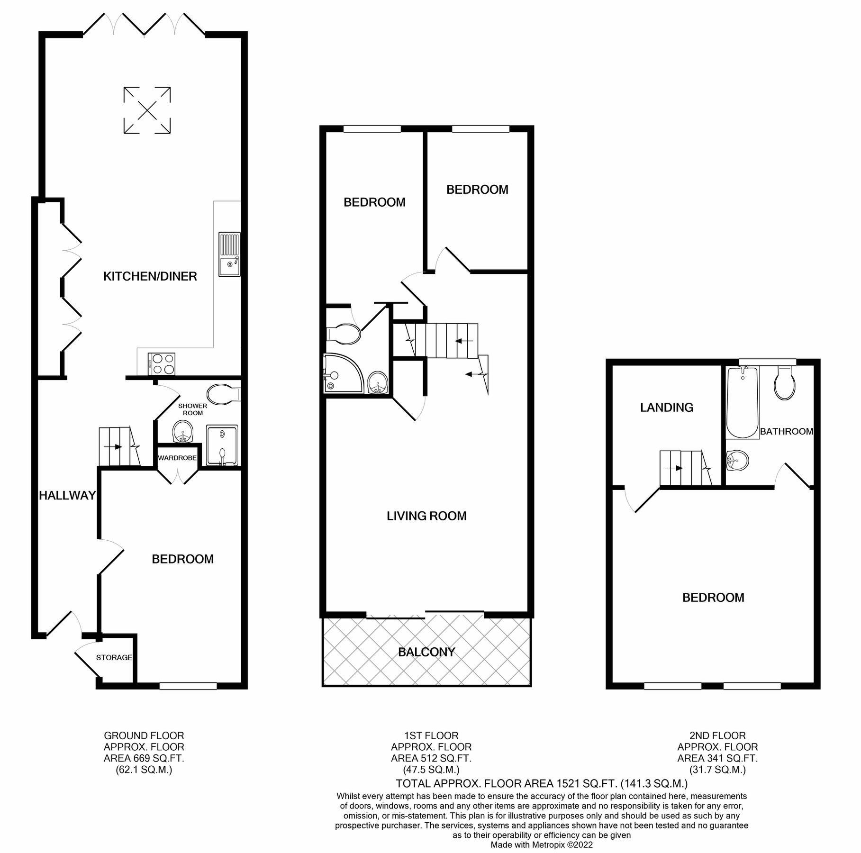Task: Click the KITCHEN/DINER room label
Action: point(150,276)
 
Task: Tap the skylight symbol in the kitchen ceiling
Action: point(147,110)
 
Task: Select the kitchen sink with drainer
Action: point(229,254)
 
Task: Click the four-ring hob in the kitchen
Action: point(162,364)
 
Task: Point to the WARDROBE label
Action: point(177,458)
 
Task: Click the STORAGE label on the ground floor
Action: point(114,658)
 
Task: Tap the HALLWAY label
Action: point(67,496)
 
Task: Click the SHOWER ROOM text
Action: point(192,409)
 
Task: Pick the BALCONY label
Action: point(426,652)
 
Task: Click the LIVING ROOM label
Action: point(426,516)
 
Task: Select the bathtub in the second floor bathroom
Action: point(742,403)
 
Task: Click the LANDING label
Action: point(666,408)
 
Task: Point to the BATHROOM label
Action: point(786,431)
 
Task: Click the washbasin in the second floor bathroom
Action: point(737,460)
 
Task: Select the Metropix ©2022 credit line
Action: point(541,844)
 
